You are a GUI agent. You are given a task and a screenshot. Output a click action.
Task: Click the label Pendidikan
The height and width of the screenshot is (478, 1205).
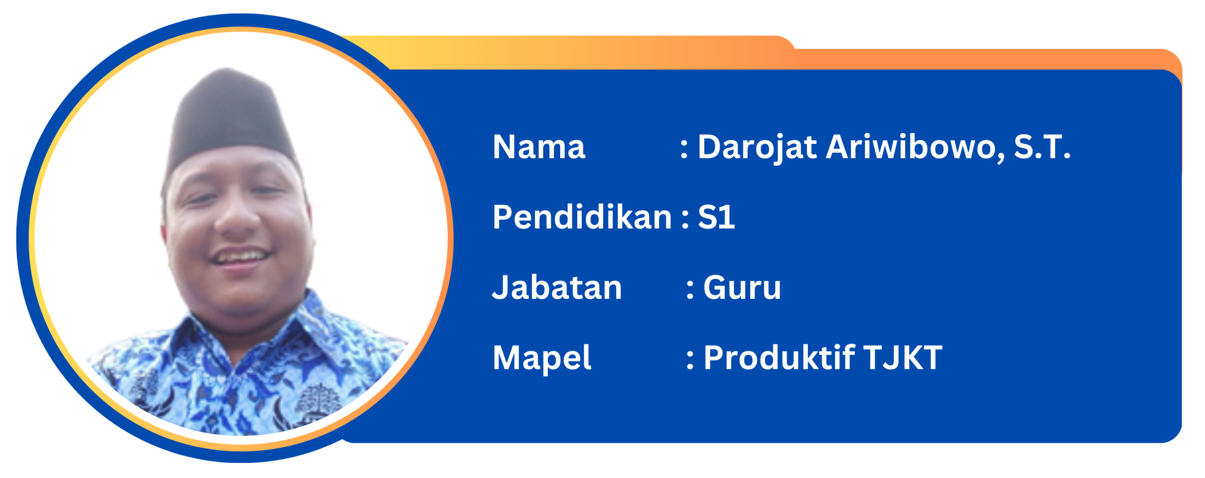click(x=582, y=217)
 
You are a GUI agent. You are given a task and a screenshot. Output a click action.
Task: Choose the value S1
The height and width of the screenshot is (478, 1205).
click(x=716, y=217)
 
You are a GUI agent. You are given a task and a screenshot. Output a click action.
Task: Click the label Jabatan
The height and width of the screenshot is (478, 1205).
click(x=557, y=287)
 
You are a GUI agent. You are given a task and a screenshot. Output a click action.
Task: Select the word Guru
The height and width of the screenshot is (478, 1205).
click(x=742, y=287)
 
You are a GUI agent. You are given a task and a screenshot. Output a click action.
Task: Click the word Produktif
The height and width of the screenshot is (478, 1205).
click(x=779, y=358)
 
